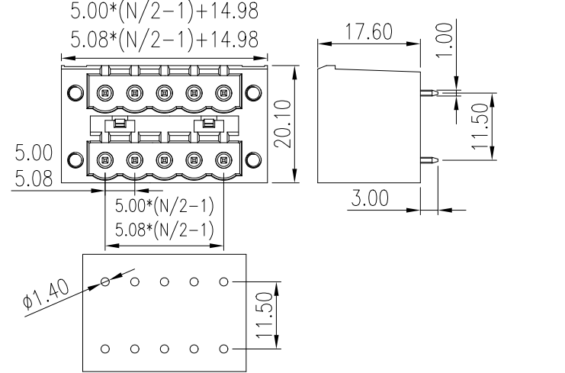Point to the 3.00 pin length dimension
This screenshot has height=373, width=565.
pos(370,198)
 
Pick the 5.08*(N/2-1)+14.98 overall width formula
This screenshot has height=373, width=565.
pos(164,38)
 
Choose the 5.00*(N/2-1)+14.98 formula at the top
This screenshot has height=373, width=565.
pos(164,12)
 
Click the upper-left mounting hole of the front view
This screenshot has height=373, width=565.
pos(74,94)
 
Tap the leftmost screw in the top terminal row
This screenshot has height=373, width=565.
pos(105,94)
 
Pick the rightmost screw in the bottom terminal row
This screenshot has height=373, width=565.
pos(223,160)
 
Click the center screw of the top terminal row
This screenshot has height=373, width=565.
pos(164,94)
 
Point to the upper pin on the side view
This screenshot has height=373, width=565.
pos(430,95)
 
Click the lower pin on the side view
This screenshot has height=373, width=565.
pos(430,160)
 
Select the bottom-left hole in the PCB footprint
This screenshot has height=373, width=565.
pos(105,349)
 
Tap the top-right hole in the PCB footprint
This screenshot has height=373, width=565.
pos(223,281)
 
